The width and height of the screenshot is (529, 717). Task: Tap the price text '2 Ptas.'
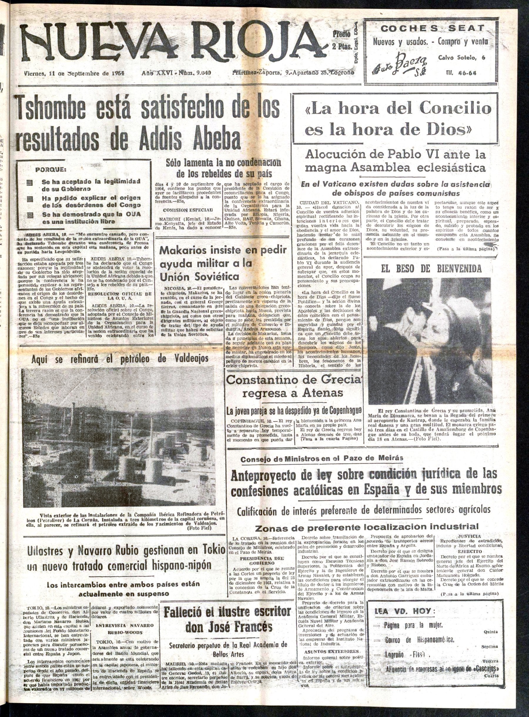(342, 46)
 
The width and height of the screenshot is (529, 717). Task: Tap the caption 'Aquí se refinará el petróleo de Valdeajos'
(120, 358)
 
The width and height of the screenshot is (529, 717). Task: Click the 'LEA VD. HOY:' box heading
(405, 611)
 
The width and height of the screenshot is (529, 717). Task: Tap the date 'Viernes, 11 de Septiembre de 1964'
(75, 73)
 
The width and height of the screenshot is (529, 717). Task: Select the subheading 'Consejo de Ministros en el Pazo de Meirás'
(317, 458)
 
